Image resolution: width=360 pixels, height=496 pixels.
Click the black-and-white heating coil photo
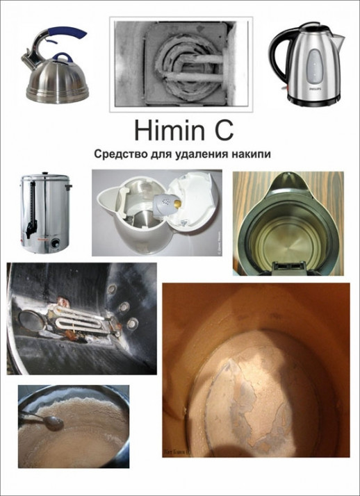point(180,62)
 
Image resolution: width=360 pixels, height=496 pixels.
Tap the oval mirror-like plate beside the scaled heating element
point(33,323)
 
